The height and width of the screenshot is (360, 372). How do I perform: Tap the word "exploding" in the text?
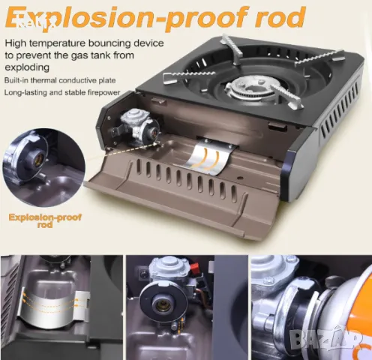[x=27, y=67]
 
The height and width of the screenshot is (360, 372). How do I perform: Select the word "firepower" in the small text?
[x=103, y=92]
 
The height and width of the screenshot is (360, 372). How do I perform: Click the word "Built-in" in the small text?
[x=16, y=80]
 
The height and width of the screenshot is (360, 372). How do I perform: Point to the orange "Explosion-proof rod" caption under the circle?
[x=45, y=220]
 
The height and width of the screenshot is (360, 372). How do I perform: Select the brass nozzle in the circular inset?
[x=40, y=157]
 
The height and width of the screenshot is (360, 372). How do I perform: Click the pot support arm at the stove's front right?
[x=287, y=96]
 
